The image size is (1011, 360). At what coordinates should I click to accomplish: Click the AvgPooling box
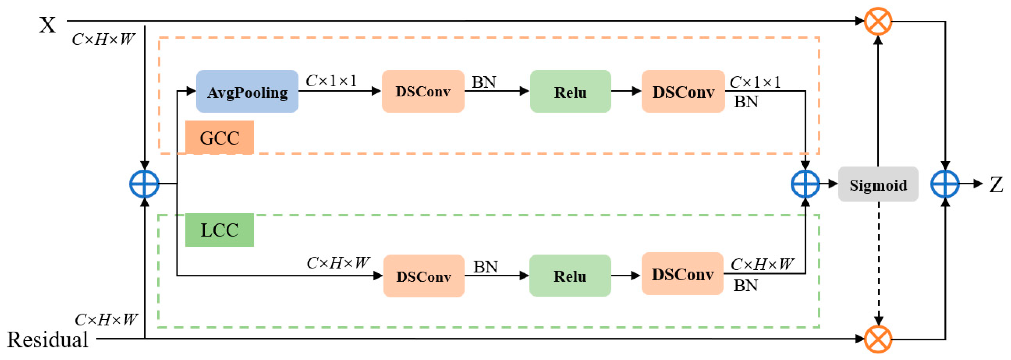[x=247, y=92]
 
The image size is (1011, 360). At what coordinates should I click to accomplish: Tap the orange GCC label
[x=219, y=137]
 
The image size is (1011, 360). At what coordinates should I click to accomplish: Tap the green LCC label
[x=219, y=230]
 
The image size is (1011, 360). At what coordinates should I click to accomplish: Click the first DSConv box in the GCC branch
[x=423, y=92]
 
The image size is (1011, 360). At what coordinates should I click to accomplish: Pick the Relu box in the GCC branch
[x=570, y=92]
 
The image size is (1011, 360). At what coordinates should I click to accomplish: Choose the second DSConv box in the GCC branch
[x=683, y=92]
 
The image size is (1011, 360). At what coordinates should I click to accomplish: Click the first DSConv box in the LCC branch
[x=424, y=276]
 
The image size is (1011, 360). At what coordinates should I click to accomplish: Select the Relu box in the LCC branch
[x=570, y=276]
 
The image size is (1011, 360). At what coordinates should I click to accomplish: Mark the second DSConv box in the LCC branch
[x=682, y=274]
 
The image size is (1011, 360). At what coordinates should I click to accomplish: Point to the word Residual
[x=48, y=340]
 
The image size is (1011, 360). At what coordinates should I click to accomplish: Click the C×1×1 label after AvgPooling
[x=331, y=81]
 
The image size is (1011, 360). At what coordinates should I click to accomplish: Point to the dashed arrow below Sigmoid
[x=878, y=263]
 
